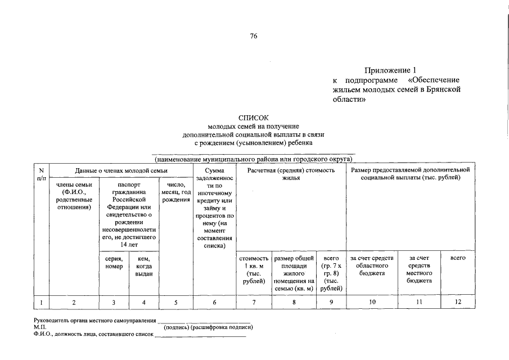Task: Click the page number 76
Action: point(254,37)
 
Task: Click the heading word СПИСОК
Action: point(254,118)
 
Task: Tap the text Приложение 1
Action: point(390,70)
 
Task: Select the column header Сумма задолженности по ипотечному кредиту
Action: point(214,208)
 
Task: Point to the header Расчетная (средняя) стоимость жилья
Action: point(291,173)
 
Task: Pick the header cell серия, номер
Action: point(114,262)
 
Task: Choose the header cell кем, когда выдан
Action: point(143,265)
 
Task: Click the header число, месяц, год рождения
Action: point(176,192)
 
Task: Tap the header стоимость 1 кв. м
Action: point(254,269)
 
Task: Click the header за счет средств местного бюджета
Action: point(419,269)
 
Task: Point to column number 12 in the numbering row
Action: point(458,303)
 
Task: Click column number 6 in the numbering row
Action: point(214,303)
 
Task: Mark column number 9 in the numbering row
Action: point(331,303)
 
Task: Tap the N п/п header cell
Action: point(41,174)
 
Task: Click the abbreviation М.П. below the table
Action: point(40,327)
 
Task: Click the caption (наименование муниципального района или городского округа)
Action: point(254,159)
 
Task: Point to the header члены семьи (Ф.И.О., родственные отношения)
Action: point(74,196)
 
